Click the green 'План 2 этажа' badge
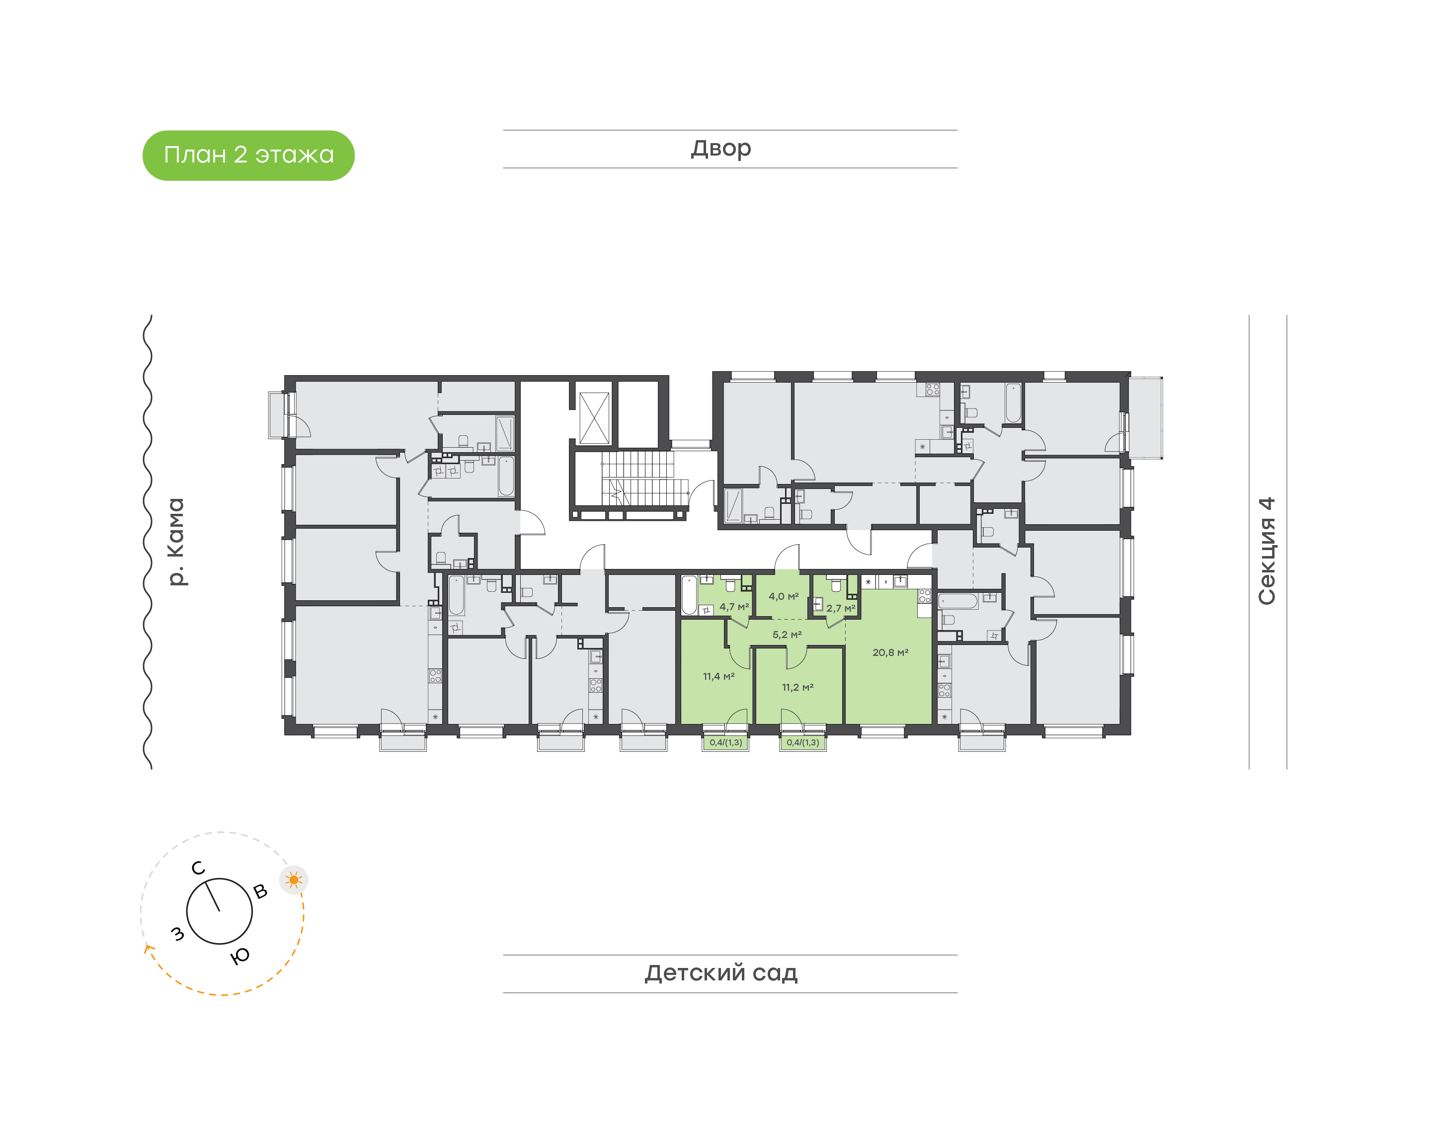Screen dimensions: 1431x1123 [248, 155]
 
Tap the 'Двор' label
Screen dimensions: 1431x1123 [721, 149]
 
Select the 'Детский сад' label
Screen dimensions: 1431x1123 [721, 972]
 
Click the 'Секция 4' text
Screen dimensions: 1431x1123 [1267, 551]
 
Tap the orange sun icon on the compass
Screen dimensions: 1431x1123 [294, 880]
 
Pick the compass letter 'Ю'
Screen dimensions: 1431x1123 [240, 956]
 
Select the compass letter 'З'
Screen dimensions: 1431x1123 [177, 933]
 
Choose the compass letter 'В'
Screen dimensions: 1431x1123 [260, 891]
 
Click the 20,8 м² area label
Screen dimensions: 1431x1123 [890, 653]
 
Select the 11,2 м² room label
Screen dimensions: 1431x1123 [797, 688]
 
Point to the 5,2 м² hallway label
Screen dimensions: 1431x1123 [787, 635]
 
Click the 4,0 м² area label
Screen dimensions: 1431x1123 [784, 597]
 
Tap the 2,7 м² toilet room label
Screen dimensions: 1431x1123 [841, 609]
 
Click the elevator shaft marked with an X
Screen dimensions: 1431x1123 [594, 418]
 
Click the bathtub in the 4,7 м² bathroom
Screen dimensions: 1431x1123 [689, 595]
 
